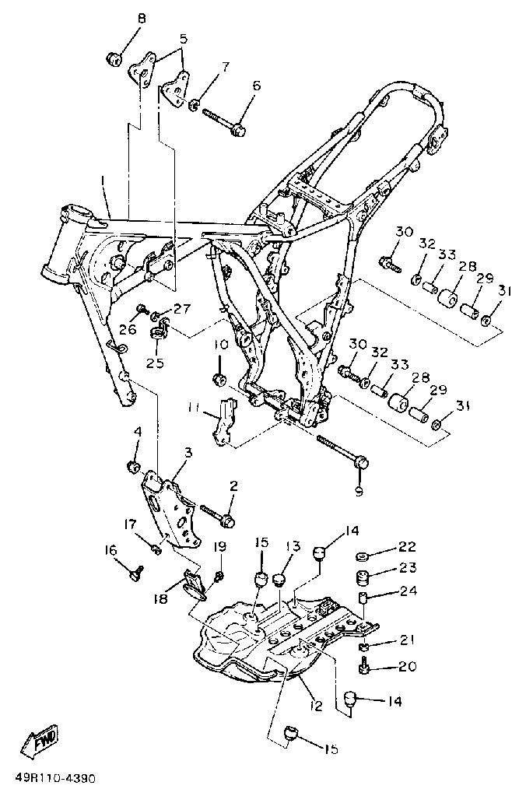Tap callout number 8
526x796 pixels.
pos(141,18)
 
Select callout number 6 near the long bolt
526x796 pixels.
pos(255,107)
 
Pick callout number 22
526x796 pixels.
pos(408,546)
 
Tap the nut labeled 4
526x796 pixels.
pos(133,466)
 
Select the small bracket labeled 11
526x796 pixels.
pos(224,420)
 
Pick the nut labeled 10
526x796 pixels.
pos(219,380)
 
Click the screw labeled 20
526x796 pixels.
pos(364,667)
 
